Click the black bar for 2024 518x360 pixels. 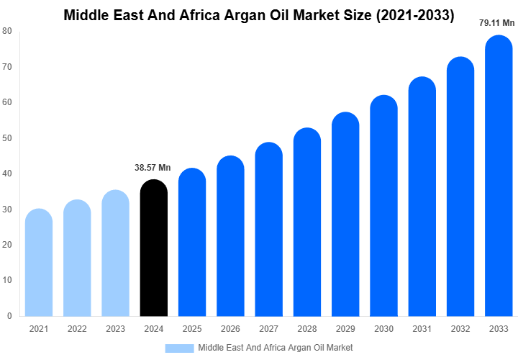click(153, 248)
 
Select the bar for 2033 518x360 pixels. click(499, 187)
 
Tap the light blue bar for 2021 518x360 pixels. click(38, 263)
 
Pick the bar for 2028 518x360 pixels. click(307, 223)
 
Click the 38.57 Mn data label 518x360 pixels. click(153, 168)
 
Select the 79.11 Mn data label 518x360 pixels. click(497, 23)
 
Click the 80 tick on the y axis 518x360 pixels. click(6, 31)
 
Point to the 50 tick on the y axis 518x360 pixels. click(6, 138)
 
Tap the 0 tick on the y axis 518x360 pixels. click(9, 315)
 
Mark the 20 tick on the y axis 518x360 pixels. click(6, 245)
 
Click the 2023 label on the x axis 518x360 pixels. click(115, 329)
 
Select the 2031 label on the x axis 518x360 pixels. click(422, 329)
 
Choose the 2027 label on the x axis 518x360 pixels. click(268, 329)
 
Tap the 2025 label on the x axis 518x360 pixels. click(191, 329)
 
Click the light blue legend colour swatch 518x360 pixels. click(179, 348)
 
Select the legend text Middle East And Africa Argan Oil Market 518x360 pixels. click(275, 348)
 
